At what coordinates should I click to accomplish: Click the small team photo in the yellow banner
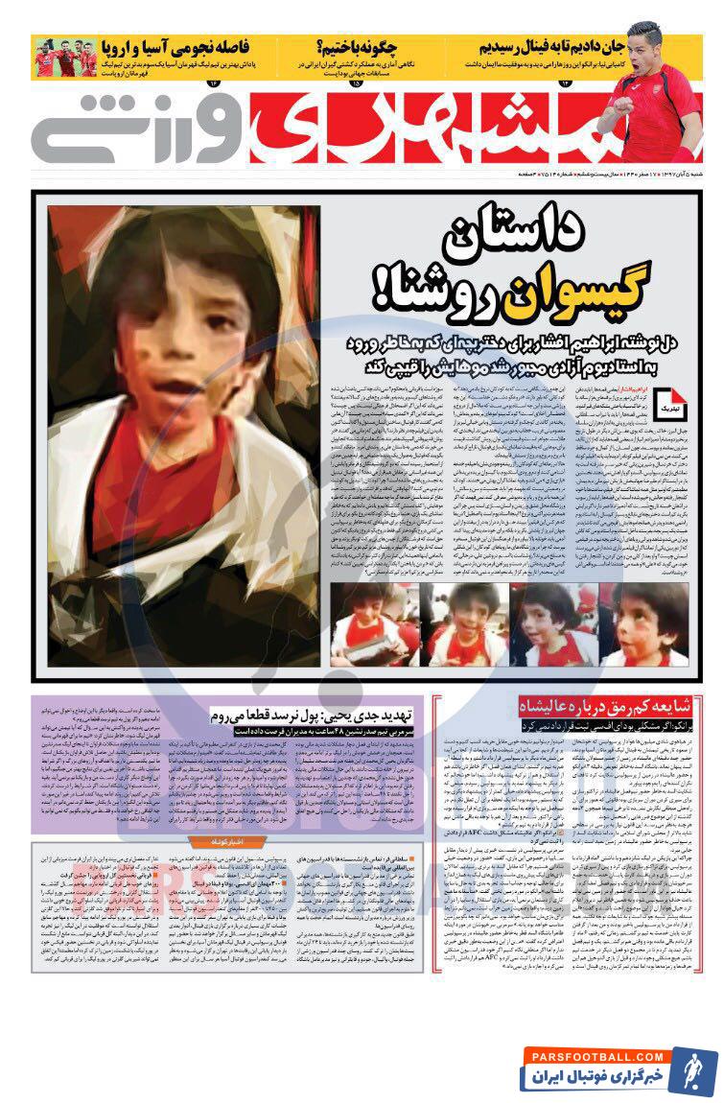click(65, 58)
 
